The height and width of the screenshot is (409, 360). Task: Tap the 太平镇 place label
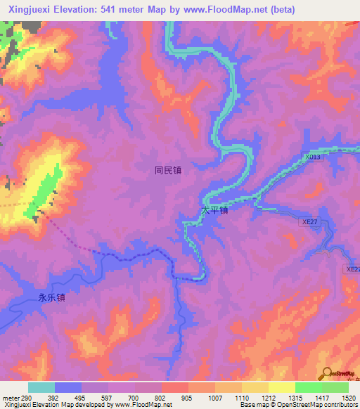click(214, 210)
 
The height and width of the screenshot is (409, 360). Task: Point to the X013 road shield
click(313, 157)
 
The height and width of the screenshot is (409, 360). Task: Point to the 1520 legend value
click(348, 398)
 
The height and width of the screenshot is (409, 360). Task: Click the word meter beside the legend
click(9, 398)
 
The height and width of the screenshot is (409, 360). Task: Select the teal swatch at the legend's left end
click(41, 387)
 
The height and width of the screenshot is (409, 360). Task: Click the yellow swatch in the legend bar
click(281, 387)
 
